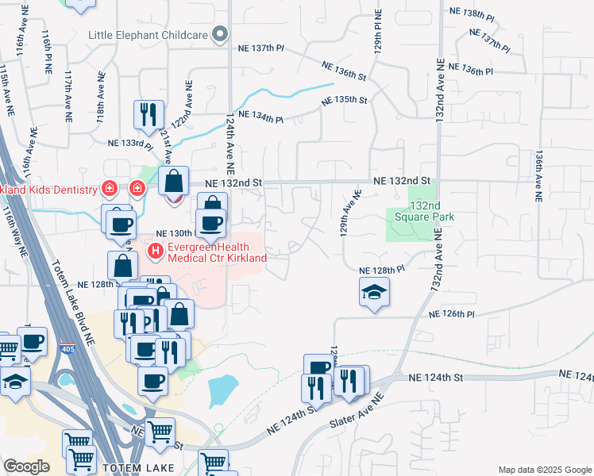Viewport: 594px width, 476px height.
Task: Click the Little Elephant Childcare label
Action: [x=148, y=35]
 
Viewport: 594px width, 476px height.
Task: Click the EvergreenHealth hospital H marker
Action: [x=156, y=252]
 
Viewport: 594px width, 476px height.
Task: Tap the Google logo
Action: [x=27, y=466]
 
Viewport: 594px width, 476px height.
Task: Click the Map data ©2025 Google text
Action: [x=543, y=470]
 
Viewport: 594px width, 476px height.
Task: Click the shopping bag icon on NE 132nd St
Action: [x=173, y=181]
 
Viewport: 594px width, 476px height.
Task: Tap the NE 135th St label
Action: [x=345, y=101]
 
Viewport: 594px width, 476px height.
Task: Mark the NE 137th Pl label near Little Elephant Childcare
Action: [x=260, y=48]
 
